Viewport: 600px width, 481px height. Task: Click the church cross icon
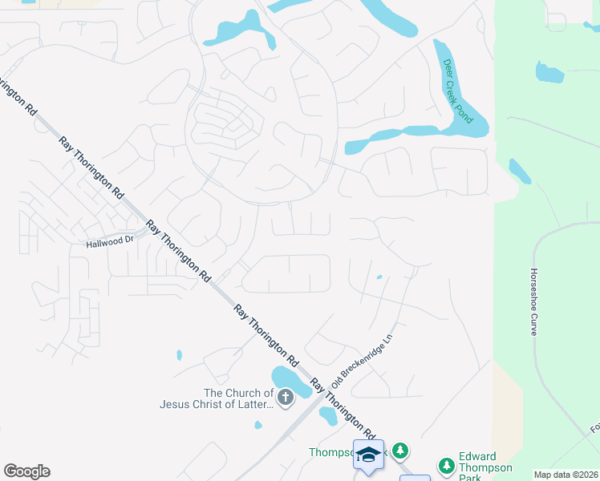285,397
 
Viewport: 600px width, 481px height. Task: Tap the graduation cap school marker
368,455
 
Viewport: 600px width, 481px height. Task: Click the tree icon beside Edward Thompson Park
447,465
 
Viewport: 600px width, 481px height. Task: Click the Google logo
26,471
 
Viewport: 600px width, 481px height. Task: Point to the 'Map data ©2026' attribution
566,475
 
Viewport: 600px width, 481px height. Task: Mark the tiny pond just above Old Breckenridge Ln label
379,277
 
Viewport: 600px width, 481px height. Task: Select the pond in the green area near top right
549,72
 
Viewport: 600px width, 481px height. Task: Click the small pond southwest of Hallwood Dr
178,354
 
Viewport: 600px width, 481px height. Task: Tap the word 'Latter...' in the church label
257,404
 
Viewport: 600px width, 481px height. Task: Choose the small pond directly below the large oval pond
328,415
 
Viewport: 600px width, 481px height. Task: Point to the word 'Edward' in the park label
477,456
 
